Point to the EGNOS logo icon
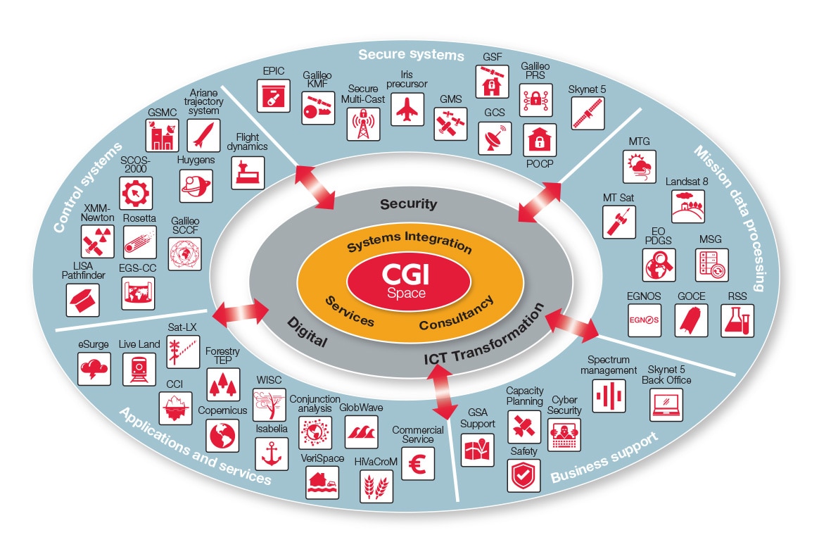click(x=644, y=320)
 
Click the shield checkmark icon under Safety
click(x=524, y=475)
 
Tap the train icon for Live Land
click(x=139, y=368)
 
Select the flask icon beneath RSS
click(x=737, y=320)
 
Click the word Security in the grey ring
click(x=409, y=204)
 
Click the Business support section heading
click(x=604, y=458)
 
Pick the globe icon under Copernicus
click(x=222, y=434)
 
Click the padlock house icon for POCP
click(x=539, y=140)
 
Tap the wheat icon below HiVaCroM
click(x=376, y=486)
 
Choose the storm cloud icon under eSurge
click(x=94, y=368)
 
